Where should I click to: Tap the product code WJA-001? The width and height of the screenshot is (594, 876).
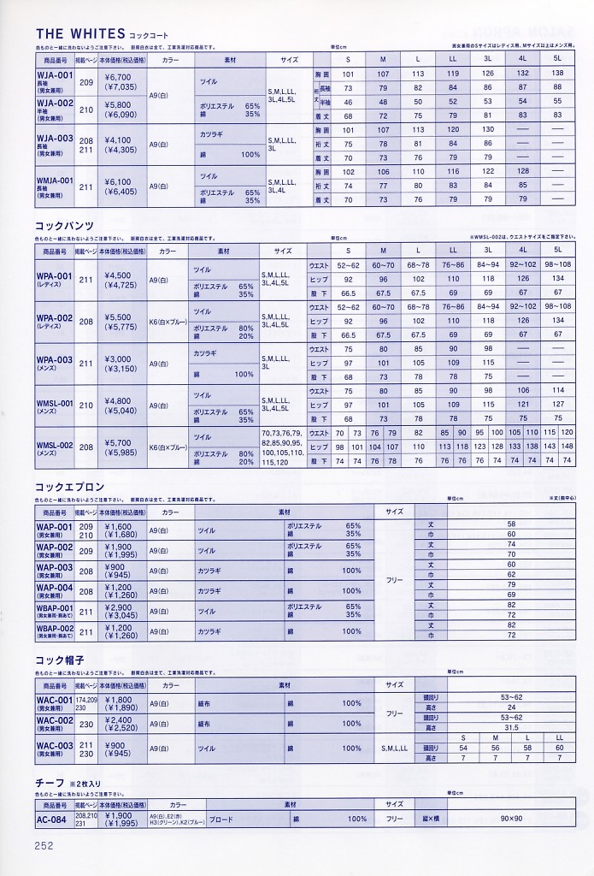tap(55, 74)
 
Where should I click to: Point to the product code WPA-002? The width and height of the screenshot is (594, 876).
tap(55, 317)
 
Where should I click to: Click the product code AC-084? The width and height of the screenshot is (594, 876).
tap(53, 819)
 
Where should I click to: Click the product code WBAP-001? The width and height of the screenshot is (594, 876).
tap(55, 607)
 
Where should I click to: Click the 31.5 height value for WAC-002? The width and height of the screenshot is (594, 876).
tap(512, 728)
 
